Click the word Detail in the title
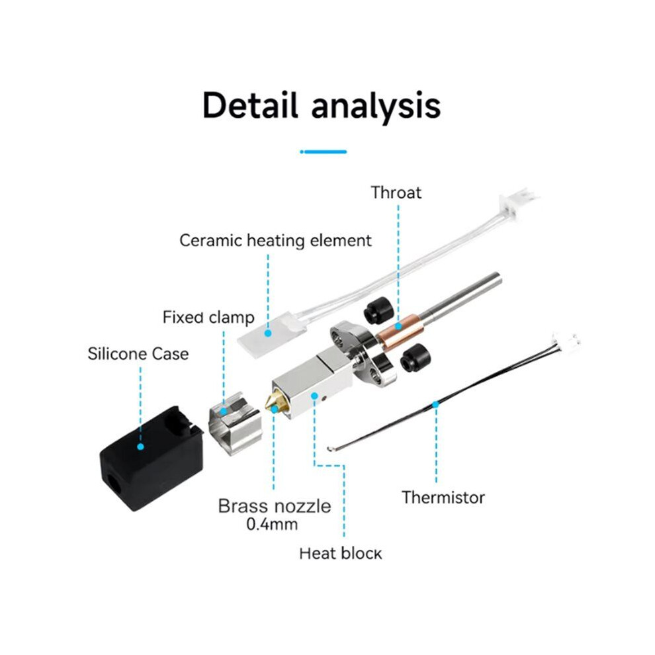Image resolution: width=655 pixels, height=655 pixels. pos(250,105)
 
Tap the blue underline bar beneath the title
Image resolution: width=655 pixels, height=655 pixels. pos(324,152)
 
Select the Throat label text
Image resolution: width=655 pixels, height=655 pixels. pos(396,193)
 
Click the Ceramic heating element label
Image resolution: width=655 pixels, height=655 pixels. pos(275,241)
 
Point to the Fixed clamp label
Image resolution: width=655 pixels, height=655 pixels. pos(208,318)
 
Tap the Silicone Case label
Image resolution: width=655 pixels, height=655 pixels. pos(138,354)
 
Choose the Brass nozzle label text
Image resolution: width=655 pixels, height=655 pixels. pos(275,506)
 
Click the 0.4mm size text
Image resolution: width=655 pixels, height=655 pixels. pos(272,524)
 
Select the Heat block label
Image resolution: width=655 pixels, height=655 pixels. pos(341,554)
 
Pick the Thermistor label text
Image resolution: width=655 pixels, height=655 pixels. pos(443,498)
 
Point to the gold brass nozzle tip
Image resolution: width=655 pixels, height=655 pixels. pos(272,402)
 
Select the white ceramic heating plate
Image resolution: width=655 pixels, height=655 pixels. pos(270,335)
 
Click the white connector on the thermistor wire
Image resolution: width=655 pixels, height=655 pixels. pos(566,339)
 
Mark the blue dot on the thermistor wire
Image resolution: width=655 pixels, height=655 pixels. pos(436,404)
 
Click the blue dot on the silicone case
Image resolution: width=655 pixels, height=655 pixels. pos(140,447)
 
